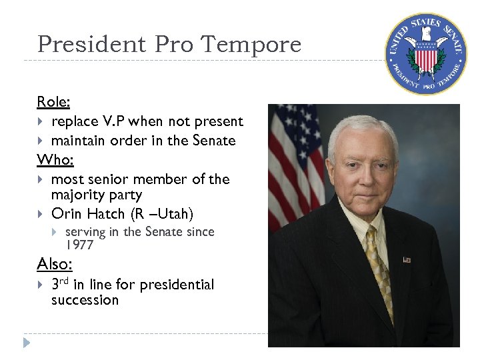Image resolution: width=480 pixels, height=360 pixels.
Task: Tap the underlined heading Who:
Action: [53, 159]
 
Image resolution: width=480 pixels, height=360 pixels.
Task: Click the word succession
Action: [85, 300]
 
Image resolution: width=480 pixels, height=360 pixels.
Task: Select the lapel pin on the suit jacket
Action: [407, 259]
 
